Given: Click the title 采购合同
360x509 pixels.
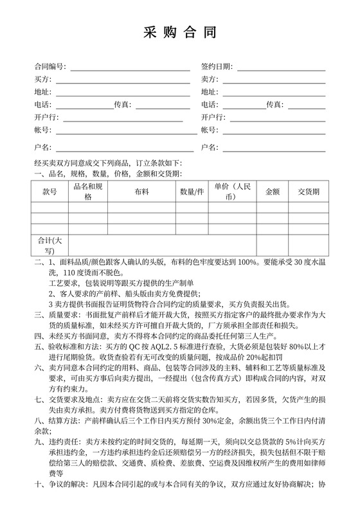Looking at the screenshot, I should tap(179, 33).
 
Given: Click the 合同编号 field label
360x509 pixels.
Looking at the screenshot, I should tap(49, 67).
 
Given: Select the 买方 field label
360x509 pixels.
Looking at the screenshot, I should tap(42, 79).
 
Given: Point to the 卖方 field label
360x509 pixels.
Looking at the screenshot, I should tap(209, 79).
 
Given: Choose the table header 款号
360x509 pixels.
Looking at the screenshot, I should tap(50, 192).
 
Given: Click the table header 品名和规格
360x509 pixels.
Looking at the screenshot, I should tap(88, 192).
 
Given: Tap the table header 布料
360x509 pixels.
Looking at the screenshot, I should tap(142, 192).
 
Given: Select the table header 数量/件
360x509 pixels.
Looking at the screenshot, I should tap(192, 192).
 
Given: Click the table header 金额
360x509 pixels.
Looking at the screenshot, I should tap(272, 192).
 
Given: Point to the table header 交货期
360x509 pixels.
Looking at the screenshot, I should tap(309, 192).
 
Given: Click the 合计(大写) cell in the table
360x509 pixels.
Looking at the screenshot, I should tap(50, 245).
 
